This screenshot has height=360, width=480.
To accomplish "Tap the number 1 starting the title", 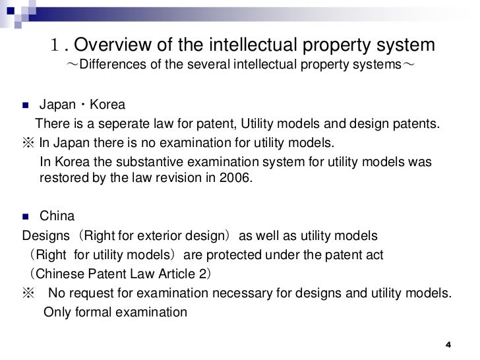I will coord(57,46).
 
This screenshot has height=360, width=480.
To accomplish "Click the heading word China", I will coord(57,216).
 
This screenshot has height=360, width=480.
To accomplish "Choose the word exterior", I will coord(149,235).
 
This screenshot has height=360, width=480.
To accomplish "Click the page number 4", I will coord(448,345).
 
